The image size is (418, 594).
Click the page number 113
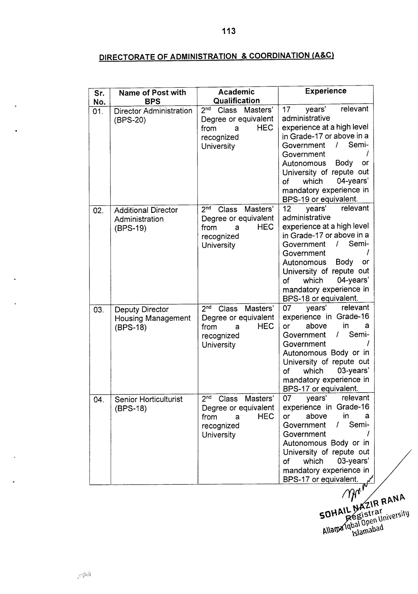[x=229, y=31]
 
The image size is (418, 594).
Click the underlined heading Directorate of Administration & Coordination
[x=217, y=56]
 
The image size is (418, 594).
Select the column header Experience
[x=326, y=91]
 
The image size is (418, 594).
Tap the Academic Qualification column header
[x=237, y=96]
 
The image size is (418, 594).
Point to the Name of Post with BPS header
[x=152, y=97]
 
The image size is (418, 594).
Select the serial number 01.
[x=98, y=112]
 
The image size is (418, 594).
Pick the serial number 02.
[x=98, y=211]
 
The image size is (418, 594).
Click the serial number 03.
[x=99, y=310]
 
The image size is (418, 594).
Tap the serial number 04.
[x=99, y=400]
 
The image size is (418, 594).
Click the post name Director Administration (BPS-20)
[x=153, y=115]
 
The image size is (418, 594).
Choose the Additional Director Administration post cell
[x=146, y=219]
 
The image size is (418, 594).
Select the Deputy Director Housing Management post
[x=152, y=318]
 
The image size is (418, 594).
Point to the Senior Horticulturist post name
[x=148, y=404]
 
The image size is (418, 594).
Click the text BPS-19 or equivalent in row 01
[x=320, y=199]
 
